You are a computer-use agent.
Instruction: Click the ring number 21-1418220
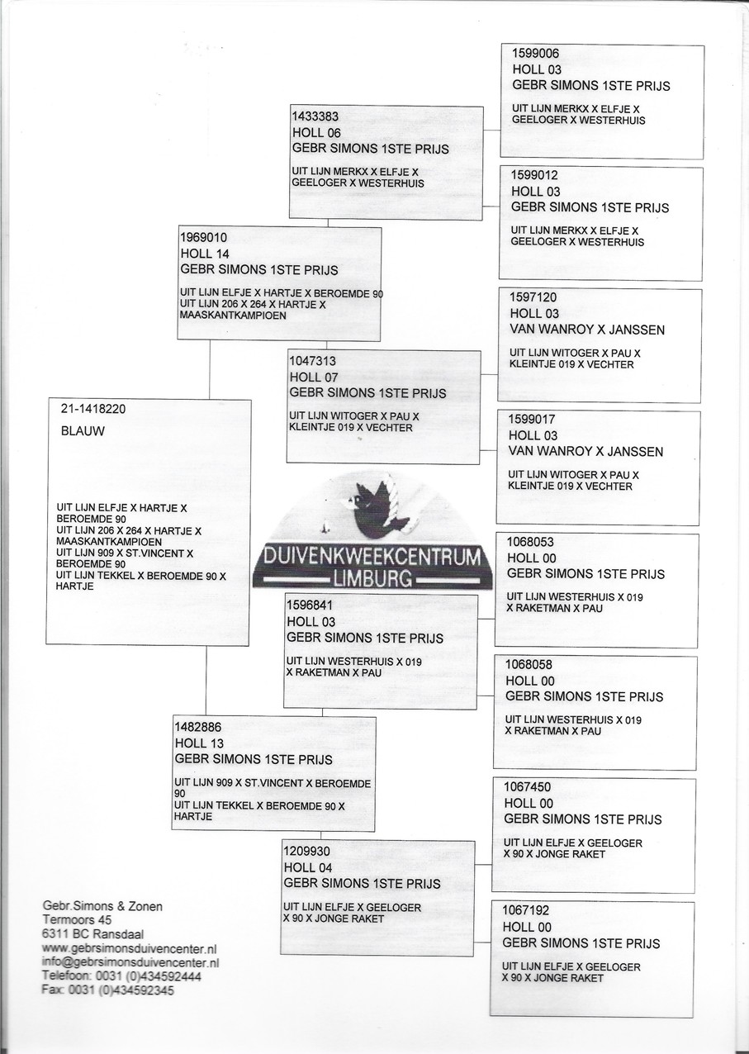point(93,409)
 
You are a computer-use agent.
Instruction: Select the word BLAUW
point(83,431)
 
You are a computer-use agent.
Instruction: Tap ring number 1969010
point(203,238)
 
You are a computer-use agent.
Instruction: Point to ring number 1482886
point(198,727)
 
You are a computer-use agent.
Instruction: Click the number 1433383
point(315,116)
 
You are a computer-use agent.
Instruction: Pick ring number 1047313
point(312,361)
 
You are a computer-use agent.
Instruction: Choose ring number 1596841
point(311,605)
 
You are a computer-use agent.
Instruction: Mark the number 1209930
point(307,852)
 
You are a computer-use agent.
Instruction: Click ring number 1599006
point(535,54)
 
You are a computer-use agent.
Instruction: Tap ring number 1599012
point(534,175)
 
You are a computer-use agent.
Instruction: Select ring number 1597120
point(533,297)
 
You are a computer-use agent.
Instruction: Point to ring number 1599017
point(533,420)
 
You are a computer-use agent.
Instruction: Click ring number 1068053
point(530,542)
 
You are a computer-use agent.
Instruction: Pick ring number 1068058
point(529,665)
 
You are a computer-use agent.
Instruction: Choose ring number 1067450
point(527,787)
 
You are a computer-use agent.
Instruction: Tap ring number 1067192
point(526,910)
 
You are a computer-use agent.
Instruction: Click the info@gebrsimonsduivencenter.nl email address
point(130,963)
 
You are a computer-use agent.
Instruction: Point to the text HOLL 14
point(205,254)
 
